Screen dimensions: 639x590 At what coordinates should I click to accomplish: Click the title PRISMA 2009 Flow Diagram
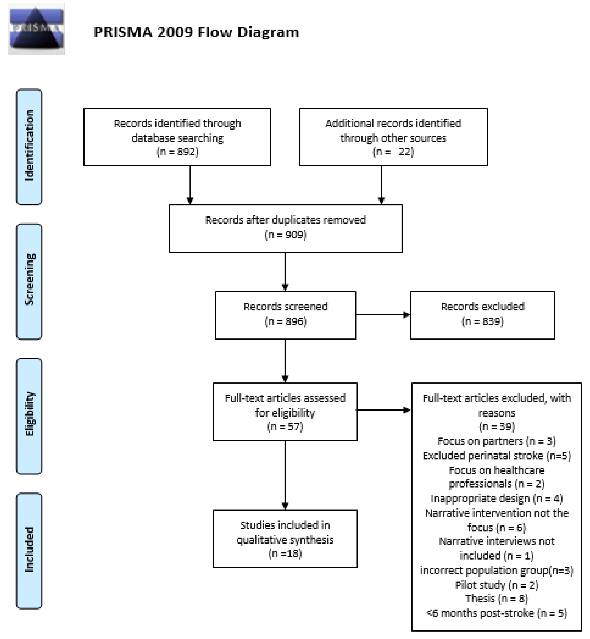[x=196, y=32]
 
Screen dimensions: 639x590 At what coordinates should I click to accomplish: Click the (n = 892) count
[x=177, y=152]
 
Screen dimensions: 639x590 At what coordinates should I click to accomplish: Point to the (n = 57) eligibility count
[x=285, y=427]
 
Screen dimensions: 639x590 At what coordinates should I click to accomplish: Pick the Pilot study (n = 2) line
[x=496, y=585]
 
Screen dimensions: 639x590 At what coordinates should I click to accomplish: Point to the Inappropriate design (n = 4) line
[x=496, y=498]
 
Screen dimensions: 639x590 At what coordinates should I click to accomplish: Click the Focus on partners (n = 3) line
[x=496, y=441]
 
